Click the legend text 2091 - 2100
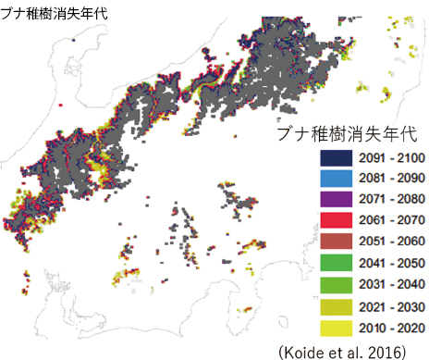(391, 158)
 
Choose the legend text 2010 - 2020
(391, 328)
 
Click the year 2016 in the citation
(389, 350)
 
